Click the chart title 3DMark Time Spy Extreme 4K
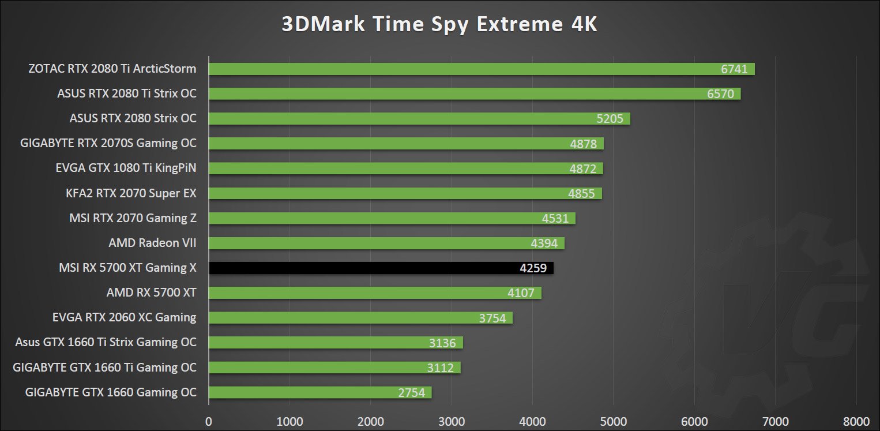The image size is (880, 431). [x=439, y=24]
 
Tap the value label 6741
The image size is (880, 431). [x=734, y=69]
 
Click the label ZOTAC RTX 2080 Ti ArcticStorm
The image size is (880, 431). [x=112, y=69]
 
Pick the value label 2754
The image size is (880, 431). [x=411, y=393]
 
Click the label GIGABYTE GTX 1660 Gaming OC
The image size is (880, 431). [x=111, y=392]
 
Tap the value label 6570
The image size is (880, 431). [x=720, y=93]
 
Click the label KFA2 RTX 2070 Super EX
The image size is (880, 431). [x=131, y=193]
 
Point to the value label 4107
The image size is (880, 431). [x=521, y=293]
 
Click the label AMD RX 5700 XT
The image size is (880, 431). [x=151, y=293]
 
